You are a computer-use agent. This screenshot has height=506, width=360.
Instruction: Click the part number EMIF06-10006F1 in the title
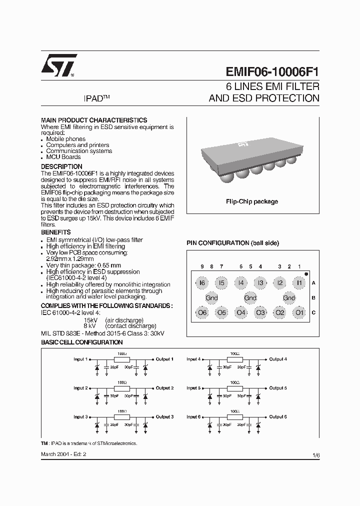[268, 71]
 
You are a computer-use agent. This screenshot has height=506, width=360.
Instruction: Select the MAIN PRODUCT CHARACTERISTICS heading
[93, 120]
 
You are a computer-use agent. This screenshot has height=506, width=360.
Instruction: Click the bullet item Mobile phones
[65, 139]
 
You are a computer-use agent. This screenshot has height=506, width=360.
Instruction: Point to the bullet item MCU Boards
[63, 157]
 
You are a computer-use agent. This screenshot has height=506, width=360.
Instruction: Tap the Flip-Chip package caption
[252, 201]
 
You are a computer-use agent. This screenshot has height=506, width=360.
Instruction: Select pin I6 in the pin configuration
[202, 283]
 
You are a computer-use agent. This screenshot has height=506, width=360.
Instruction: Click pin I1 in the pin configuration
[299, 283]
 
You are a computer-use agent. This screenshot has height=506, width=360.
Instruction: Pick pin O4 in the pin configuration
[241, 313]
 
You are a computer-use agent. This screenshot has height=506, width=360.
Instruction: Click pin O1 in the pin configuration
[299, 313]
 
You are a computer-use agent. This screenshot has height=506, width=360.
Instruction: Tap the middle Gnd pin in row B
[250, 298]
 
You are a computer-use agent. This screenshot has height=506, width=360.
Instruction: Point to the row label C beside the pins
[313, 313]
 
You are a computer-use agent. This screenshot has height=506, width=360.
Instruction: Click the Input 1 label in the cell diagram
[80, 359]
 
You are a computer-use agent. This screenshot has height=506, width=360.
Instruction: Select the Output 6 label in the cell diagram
[277, 416]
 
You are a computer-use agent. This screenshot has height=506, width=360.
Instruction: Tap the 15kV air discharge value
[90, 320]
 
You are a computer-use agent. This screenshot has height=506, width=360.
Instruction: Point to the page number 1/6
[315, 454]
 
